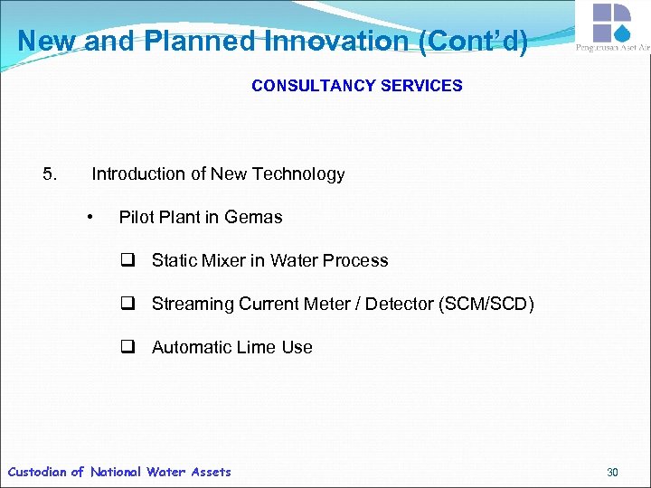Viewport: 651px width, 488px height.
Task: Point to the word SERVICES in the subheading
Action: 417,86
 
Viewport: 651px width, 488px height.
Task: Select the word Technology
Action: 298,174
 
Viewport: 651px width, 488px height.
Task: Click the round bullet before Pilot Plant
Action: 90,217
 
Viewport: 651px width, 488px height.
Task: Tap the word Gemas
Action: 253,217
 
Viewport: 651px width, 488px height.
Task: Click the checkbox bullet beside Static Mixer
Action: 128,260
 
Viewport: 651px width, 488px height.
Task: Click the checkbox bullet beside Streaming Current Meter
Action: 128,304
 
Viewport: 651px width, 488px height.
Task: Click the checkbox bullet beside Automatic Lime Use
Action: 128,347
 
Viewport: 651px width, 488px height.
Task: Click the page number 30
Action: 612,472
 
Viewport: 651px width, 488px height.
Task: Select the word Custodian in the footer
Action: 37,472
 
